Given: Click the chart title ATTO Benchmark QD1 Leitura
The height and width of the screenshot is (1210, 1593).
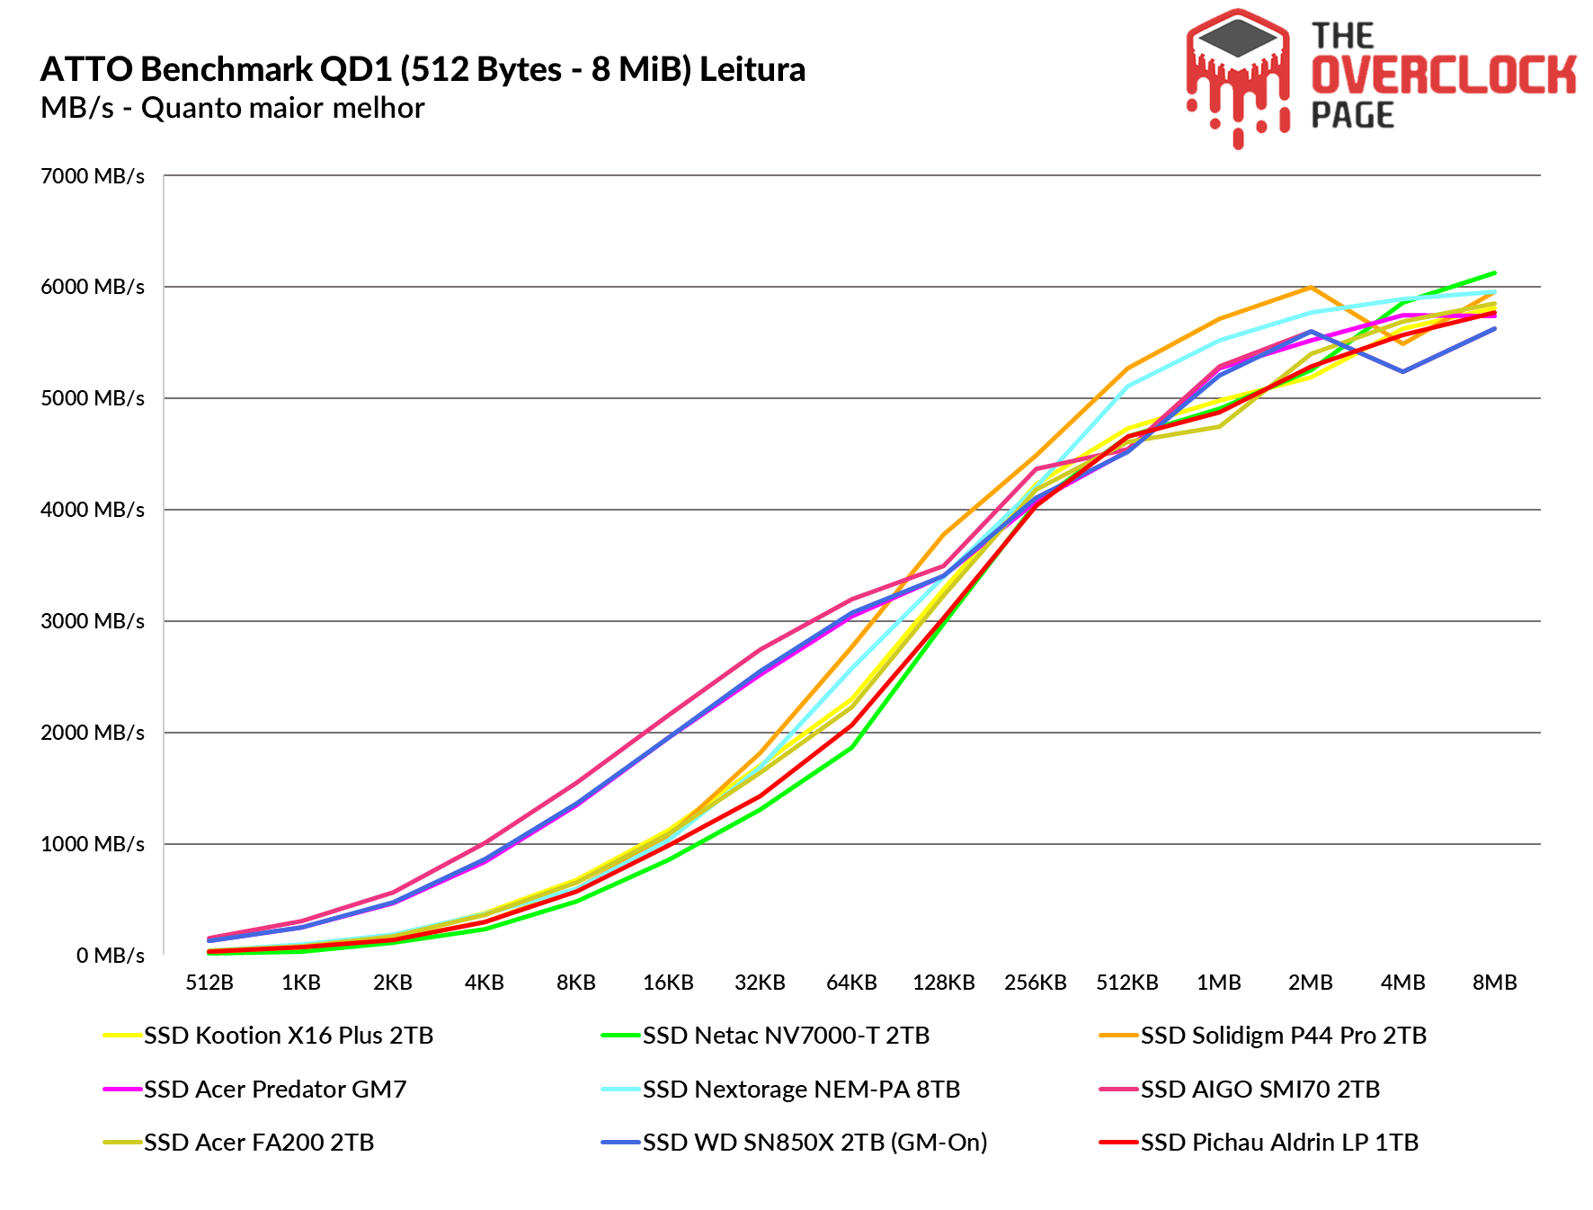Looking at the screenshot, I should tap(423, 69).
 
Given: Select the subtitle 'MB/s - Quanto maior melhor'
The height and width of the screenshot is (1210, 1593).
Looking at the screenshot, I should tap(232, 108).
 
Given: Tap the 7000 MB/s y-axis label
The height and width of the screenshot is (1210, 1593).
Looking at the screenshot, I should tap(93, 176).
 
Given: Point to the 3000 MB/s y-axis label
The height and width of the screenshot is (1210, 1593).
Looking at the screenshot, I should tap(93, 621).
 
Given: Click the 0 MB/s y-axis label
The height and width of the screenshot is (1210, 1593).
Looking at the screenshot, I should tap(110, 956).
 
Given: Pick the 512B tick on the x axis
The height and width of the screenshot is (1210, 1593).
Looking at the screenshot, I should tap(209, 983).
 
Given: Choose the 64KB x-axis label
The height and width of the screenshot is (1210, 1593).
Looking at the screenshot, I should tap(851, 983).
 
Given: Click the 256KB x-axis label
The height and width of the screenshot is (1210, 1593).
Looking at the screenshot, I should tap(1035, 983).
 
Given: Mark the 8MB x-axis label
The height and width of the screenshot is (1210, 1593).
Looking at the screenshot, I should tap(1494, 983).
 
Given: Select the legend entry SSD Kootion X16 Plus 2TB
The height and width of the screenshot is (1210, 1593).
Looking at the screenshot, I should tap(288, 1036).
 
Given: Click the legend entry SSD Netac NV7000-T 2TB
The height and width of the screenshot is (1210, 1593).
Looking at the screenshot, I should tap(786, 1036).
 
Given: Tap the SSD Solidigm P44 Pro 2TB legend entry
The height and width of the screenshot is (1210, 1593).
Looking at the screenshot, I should tap(1283, 1036).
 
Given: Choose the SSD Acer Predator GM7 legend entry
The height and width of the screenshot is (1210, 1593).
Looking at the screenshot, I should tap(275, 1090).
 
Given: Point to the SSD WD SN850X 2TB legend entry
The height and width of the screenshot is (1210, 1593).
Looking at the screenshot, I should tap(814, 1143).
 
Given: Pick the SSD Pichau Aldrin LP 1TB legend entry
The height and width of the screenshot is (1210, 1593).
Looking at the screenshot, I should tap(1279, 1143).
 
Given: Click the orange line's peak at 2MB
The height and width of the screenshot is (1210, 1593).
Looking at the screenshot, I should tap(1311, 288).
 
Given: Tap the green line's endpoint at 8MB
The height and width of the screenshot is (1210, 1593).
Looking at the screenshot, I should tap(1494, 273).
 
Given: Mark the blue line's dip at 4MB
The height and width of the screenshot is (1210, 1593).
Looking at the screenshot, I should tap(1402, 371).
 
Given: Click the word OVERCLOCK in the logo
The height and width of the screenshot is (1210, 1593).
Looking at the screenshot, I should tap(1443, 75).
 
